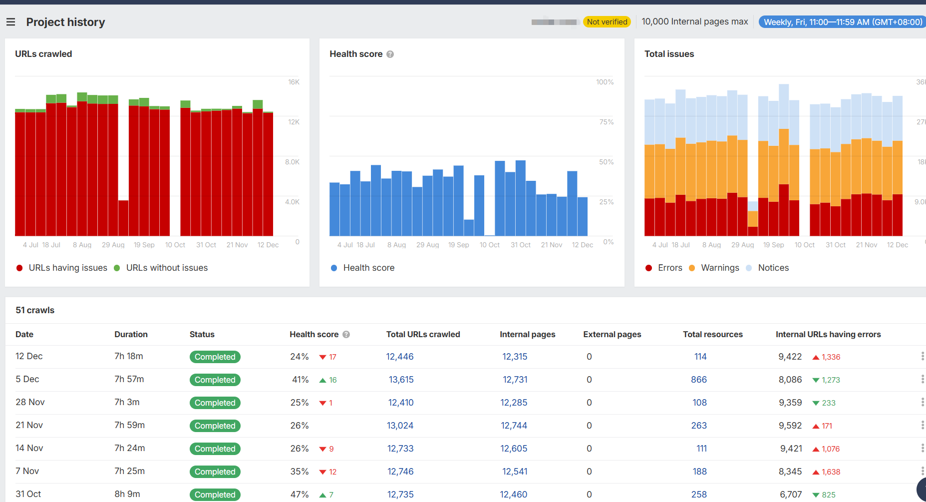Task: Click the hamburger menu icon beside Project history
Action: (10, 22)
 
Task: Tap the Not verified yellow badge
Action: (607, 22)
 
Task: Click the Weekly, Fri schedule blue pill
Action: (843, 22)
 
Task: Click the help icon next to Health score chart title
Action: (390, 54)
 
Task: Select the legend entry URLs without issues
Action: (166, 268)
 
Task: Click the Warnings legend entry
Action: (719, 268)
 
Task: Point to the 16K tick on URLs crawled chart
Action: (294, 82)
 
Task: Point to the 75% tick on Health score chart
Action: (606, 122)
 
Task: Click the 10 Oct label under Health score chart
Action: (489, 245)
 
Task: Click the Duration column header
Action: (131, 334)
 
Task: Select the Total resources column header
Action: (712, 334)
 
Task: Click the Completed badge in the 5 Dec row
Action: (215, 380)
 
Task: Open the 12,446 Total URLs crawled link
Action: (399, 357)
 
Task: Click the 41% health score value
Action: (300, 380)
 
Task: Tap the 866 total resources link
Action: (698, 380)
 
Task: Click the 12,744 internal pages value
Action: (514, 426)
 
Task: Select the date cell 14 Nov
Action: (29, 448)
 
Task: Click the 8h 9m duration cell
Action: (127, 494)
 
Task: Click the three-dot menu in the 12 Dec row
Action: (922, 356)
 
